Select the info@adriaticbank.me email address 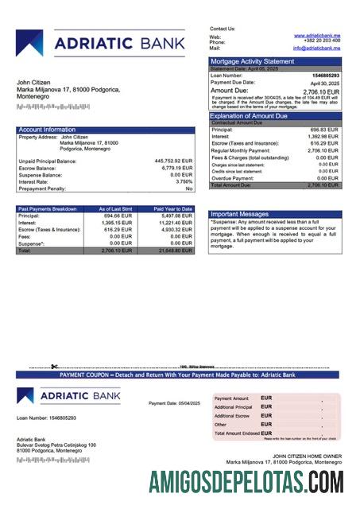(316, 48)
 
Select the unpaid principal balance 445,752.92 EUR (173, 161)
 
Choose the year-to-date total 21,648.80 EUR (175, 250)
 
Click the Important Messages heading (239, 214)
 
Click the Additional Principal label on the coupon (234, 406)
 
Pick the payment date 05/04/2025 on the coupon (184, 403)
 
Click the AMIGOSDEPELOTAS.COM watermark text (246, 482)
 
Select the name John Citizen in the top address (36, 82)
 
